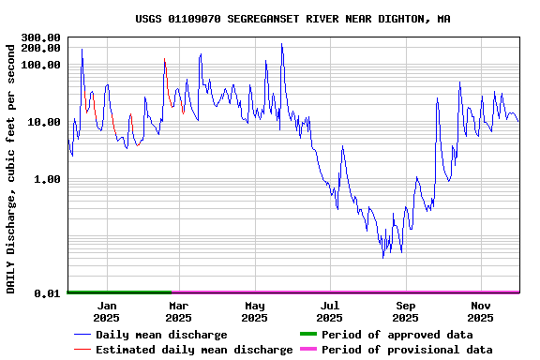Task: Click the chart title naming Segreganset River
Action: click(292, 19)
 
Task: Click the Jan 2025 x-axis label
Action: click(107, 311)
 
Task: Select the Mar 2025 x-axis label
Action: click(179, 311)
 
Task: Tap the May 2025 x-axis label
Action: click(255, 311)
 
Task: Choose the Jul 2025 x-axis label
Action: click(329, 311)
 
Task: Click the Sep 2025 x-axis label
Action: click(406, 311)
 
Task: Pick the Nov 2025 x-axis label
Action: click(481, 311)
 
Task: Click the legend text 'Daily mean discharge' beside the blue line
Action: click(161, 335)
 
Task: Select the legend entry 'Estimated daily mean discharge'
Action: click(194, 350)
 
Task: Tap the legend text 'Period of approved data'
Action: click(395, 335)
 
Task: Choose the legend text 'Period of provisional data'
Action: click(407, 350)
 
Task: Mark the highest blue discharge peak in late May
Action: click(281, 44)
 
